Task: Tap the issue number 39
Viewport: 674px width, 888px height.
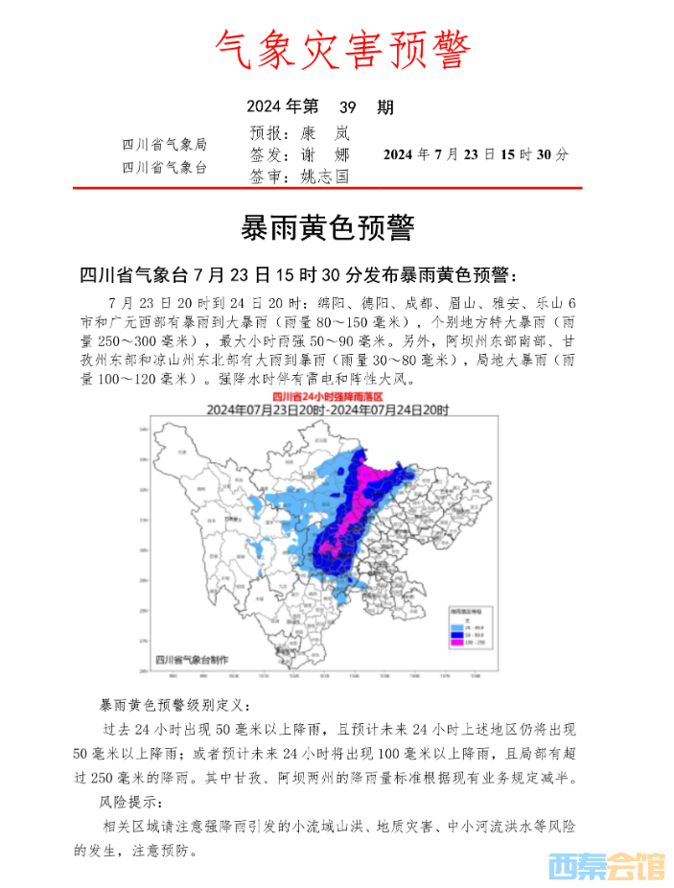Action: [350, 106]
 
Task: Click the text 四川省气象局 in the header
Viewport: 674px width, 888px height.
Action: [164, 145]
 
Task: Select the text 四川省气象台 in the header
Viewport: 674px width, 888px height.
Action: [164, 167]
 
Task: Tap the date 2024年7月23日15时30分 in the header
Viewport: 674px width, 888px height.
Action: [476, 153]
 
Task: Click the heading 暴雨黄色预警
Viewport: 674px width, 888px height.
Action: [328, 228]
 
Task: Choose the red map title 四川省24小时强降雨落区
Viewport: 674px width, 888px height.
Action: [327, 396]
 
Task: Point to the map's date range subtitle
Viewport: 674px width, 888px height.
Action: [328, 409]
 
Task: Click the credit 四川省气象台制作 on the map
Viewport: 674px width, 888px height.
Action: [192, 660]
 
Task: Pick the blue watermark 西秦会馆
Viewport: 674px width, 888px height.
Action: [605, 867]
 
